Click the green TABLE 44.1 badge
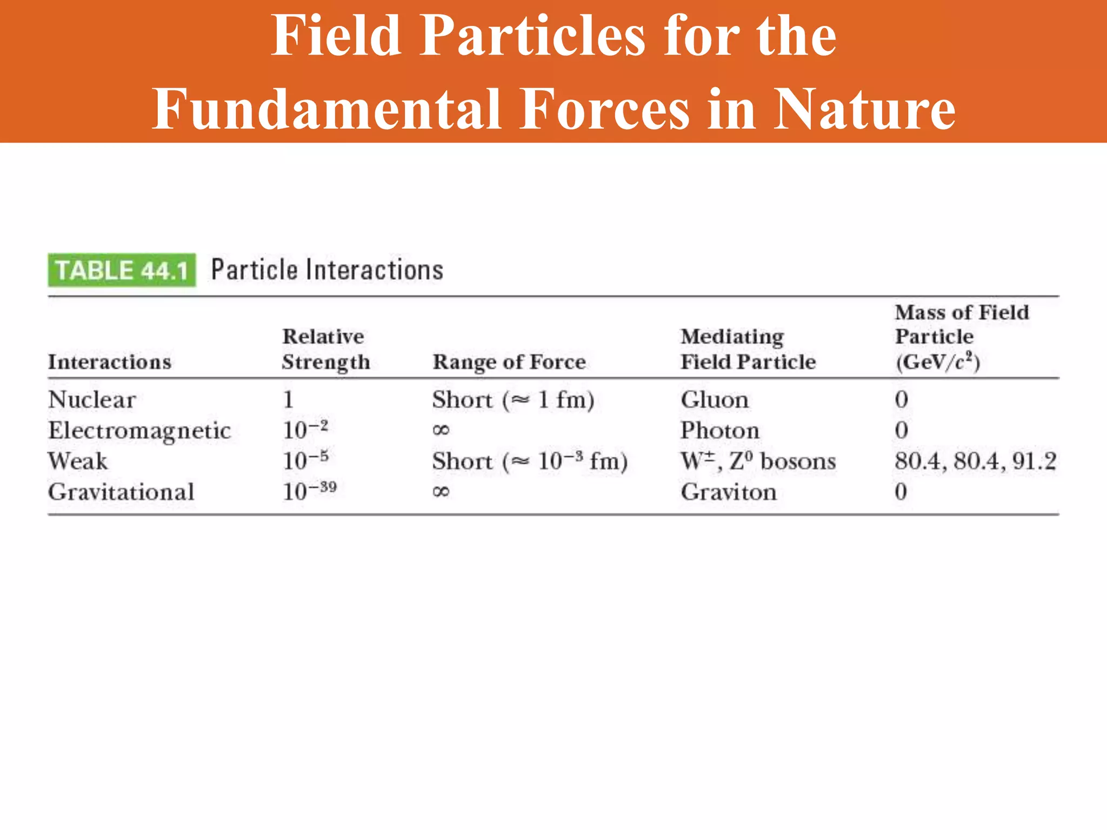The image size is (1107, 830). [122, 270]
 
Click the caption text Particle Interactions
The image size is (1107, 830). [327, 270]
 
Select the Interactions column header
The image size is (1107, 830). [110, 362]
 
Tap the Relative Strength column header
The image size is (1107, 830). [326, 349]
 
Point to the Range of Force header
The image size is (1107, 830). [509, 362]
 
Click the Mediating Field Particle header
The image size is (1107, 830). [748, 349]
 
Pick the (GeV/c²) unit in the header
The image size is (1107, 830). [937, 362]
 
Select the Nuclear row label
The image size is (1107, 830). [92, 400]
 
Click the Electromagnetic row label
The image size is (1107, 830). [139, 431]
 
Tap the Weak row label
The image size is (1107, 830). [78, 461]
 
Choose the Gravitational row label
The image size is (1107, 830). [121, 492]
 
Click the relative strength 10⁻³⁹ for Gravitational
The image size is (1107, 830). [310, 491]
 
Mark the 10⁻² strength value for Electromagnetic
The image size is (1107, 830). [305, 430]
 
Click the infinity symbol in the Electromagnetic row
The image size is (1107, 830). [441, 431]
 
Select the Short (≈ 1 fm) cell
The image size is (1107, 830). [513, 400]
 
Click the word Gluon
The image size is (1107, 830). [715, 400]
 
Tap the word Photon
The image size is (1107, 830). [720, 431]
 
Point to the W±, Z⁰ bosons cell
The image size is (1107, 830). [758, 461]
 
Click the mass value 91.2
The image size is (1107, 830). [1034, 461]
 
